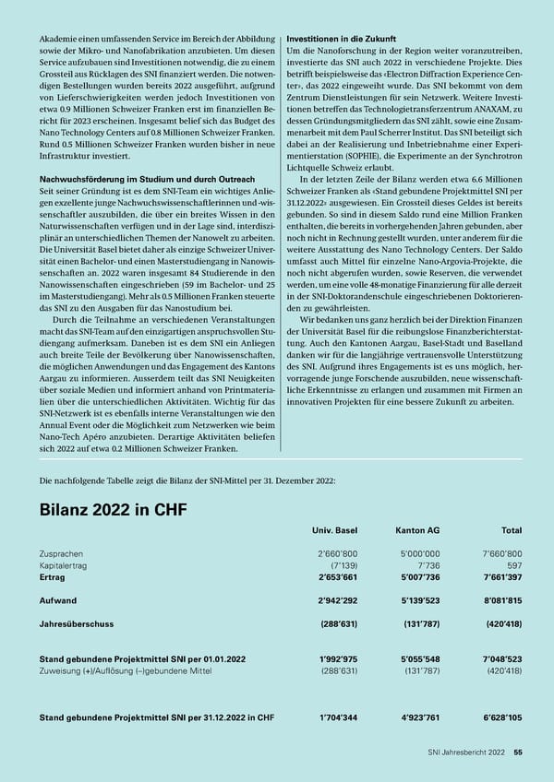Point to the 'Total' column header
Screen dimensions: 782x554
[511, 532]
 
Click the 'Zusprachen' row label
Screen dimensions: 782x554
[60, 553]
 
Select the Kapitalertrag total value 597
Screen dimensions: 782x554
[514, 564]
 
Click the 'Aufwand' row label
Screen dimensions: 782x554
[57, 599]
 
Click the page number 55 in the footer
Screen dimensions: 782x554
[518, 752]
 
